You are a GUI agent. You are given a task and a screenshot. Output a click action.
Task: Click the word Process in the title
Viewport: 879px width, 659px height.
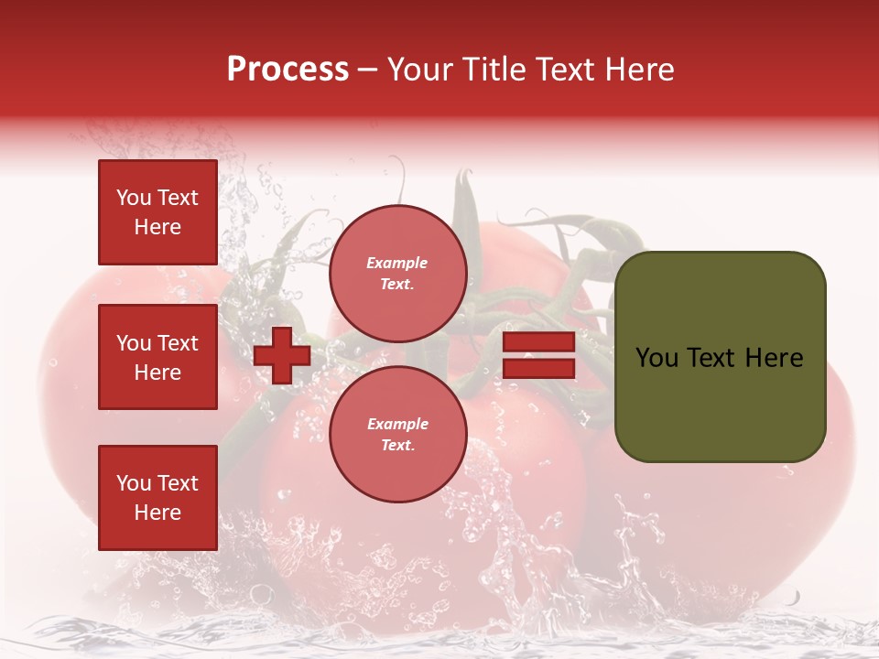coord(288,70)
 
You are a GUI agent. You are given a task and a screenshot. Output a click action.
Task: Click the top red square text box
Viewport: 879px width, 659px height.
coord(157,212)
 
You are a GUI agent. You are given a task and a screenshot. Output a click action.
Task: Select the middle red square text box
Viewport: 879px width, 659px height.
coord(157,357)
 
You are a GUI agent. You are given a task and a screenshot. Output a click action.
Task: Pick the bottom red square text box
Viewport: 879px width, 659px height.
coord(157,498)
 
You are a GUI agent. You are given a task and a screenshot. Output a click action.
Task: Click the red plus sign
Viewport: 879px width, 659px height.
coord(282,355)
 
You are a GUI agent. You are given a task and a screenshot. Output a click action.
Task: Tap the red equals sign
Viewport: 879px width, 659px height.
coord(538,355)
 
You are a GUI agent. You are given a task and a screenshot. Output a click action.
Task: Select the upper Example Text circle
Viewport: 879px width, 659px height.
coord(397,274)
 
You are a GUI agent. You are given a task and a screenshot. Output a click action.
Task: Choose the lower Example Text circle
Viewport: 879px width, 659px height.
coord(397,435)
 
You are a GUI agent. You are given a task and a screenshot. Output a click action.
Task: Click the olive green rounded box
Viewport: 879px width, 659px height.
coord(720,357)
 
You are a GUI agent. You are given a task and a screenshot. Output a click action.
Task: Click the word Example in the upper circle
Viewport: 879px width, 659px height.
coord(397,264)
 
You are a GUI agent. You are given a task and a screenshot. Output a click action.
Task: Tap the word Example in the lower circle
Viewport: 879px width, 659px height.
coord(397,425)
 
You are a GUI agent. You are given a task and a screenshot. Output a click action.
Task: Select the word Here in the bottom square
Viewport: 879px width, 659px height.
coord(157,513)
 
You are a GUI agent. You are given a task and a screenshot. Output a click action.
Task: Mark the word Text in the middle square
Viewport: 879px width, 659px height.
coord(178,343)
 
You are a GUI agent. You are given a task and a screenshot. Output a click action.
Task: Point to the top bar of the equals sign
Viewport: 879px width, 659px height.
coord(538,342)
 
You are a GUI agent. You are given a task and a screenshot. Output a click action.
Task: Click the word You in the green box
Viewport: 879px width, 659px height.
coord(657,358)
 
